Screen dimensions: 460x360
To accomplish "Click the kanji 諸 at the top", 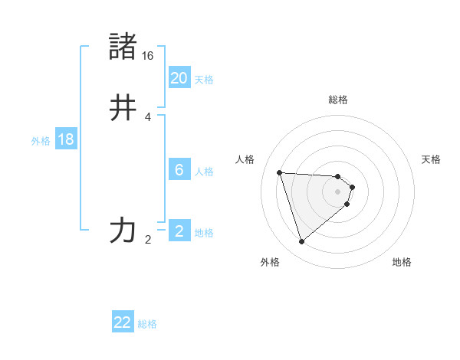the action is pyautogui.click(x=123, y=46).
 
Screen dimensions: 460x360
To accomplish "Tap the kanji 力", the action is pyautogui.click(x=123, y=230).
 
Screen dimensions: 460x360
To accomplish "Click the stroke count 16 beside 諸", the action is pyautogui.click(x=148, y=56).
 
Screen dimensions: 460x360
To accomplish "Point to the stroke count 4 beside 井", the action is pyautogui.click(x=148, y=117).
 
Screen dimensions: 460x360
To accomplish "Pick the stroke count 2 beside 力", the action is pyautogui.click(x=148, y=240).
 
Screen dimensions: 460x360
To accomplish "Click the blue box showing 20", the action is pyautogui.click(x=179, y=77).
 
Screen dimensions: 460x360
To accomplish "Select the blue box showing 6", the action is pyautogui.click(x=179, y=170).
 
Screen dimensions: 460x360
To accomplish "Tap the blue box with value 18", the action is pyautogui.click(x=65, y=139).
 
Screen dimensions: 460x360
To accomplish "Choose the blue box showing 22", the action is pyautogui.click(x=123, y=322).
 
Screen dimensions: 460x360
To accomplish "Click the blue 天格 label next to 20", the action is pyautogui.click(x=204, y=79).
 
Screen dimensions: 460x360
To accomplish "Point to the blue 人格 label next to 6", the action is pyautogui.click(x=204, y=172).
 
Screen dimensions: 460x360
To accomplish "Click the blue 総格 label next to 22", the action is pyautogui.click(x=147, y=324).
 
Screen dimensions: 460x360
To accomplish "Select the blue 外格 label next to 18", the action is pyautogui.click(x=41, y=141).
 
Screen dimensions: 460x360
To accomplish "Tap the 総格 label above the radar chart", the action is pyautogui.click(x=338, y=100).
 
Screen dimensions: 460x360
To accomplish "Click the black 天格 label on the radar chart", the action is pyautogui.click(x=431, y=159).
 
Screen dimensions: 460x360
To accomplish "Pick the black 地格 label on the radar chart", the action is pyautogui.click(x=402, y=262).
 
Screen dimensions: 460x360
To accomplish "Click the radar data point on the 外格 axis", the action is pyautogui.click(x=302, y=242).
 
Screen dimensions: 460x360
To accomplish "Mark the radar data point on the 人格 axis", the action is pyautogui.click(x=280, y=172).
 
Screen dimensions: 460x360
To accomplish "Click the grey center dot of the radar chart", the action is pyautogui.click(x=338, y=191).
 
